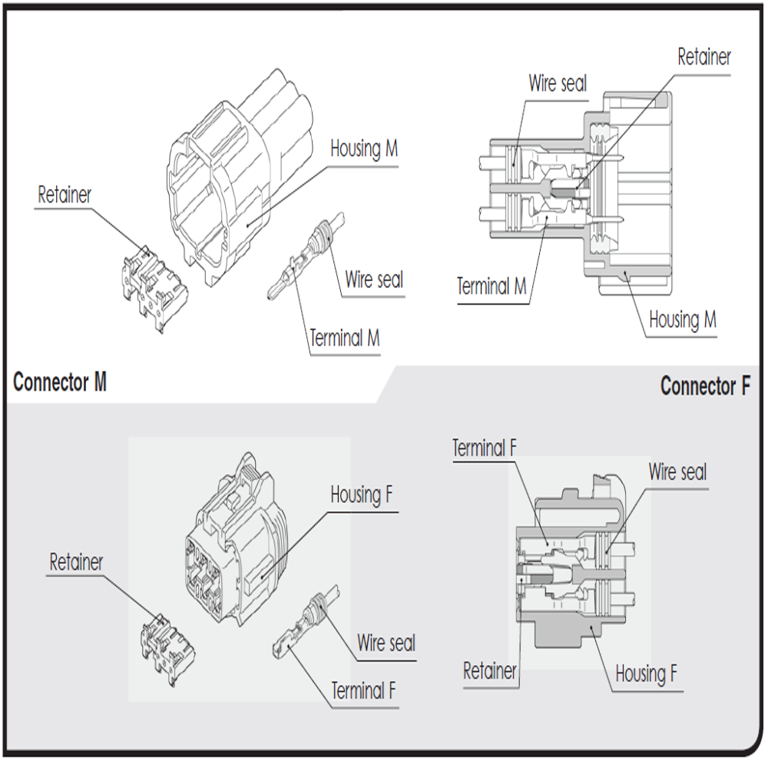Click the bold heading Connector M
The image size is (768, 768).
click(60, 382)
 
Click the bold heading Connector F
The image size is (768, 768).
click(704, 386)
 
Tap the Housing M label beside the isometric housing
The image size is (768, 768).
click(364, 148)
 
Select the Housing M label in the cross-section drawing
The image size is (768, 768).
click(682, 319)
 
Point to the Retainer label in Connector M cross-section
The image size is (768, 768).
click(703, 57)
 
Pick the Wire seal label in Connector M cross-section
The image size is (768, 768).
click(558, 83)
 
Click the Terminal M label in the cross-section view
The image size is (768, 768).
click(492, 287)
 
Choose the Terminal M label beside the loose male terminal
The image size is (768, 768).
click(344, 337)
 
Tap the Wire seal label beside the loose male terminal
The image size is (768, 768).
click(374, 280)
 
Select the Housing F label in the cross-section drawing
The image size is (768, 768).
click(646, 674)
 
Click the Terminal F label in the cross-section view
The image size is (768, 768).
click(483, 448)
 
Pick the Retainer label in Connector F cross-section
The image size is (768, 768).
click(490, 671)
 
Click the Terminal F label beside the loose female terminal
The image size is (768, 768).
click(363, 690)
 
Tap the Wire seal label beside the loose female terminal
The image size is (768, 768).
click(386, 642)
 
